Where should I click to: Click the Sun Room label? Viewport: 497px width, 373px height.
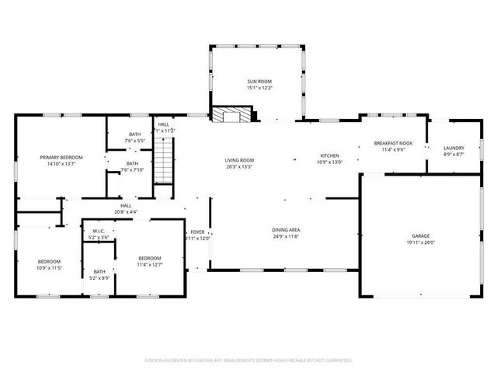[259, 81]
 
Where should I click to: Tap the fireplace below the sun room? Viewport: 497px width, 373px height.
[234, 117]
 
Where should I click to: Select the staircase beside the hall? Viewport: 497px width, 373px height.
[162, 165]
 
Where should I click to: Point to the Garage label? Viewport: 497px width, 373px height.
[421, 235]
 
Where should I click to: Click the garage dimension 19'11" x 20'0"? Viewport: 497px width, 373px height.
[421, 242]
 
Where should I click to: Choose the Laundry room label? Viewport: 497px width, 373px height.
[454, 148]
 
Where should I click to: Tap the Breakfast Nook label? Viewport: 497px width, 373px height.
[393, 143]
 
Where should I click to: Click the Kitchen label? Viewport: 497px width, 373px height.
[330, 155]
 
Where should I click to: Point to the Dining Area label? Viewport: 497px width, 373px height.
[286, 230]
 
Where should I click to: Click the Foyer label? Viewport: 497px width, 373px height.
[197, 232]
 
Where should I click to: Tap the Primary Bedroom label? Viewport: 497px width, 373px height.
[61, 157]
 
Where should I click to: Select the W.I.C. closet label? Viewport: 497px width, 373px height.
[99, 231]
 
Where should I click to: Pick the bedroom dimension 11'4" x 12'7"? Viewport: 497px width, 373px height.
[150, 265]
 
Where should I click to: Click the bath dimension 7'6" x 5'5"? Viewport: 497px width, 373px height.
[135, 141]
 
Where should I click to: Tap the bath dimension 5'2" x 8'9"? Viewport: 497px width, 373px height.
[99, 277]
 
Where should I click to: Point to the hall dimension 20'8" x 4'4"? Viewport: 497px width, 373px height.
[126, 212]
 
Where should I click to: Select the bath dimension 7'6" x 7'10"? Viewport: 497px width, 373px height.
[133, 170]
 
